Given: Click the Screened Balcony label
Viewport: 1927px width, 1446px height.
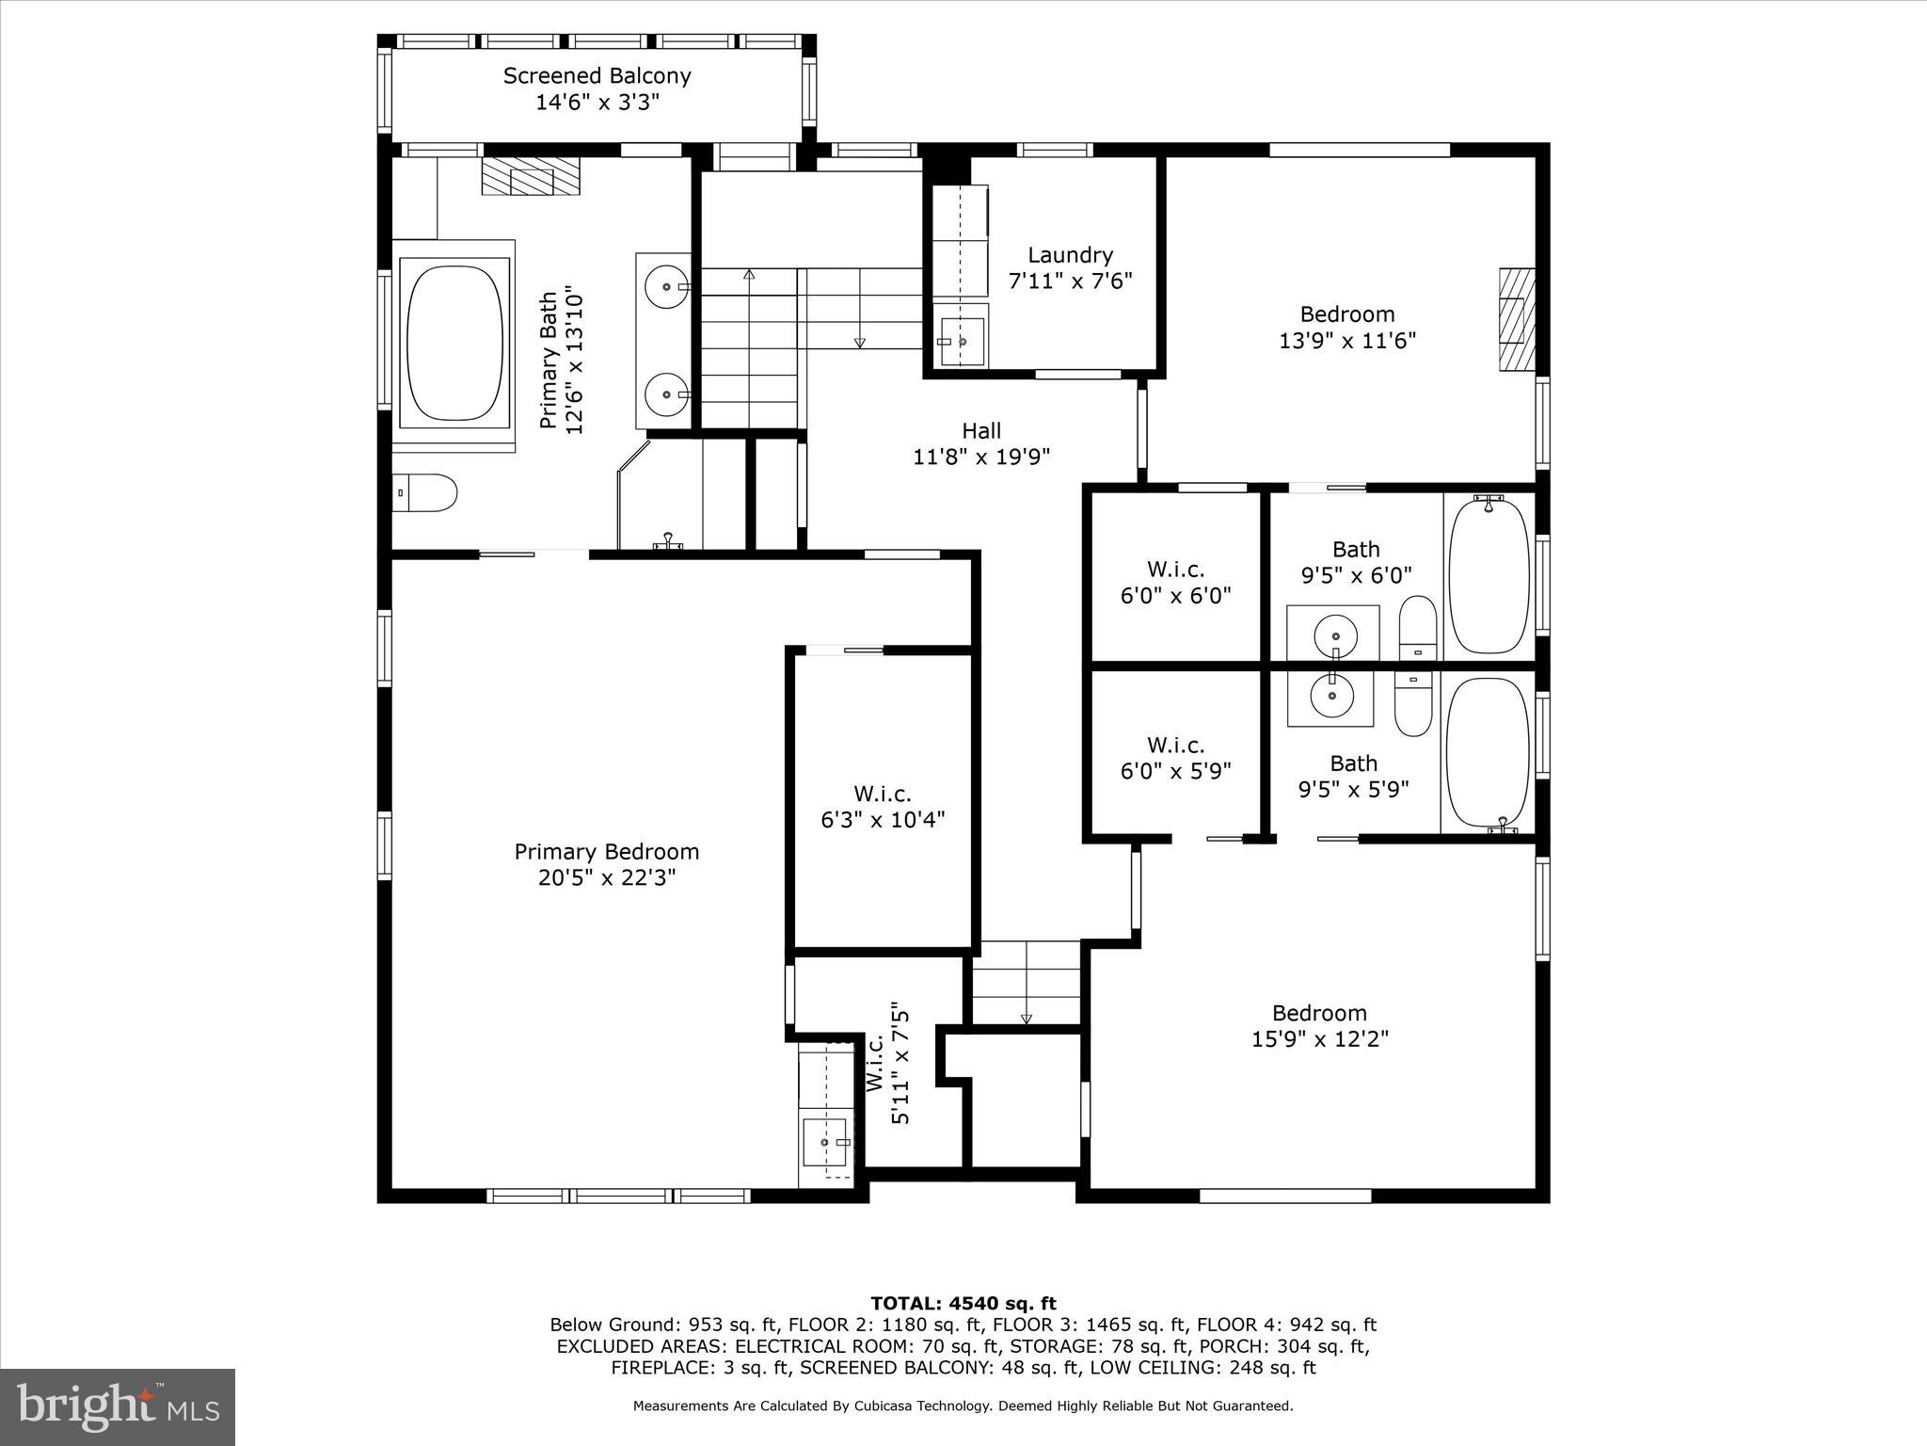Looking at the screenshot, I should (x=597, y=76).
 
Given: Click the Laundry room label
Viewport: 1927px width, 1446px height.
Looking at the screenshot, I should (x=1070, y=255).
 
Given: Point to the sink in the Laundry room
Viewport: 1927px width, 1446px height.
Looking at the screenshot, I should (x=962, y=342).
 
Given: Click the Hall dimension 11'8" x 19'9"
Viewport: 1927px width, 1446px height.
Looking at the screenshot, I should (x=980, y=458).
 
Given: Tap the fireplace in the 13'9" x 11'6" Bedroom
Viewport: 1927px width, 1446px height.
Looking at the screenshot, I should (x=1516, y=319).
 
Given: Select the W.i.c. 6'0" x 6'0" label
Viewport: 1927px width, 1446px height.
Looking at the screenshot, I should (x=1175, y=570).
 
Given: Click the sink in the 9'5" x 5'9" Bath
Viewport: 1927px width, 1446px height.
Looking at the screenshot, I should (x=1331, y=696).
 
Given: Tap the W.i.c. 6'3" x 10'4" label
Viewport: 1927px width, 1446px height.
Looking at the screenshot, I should (x=882, y=794).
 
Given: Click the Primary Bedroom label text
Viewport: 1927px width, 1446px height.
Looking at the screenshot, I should (x=606, y=852).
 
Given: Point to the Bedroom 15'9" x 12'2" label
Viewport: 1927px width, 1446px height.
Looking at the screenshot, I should (x=1318, y=1014).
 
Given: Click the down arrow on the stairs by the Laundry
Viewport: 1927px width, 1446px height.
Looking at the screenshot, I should (x=859, y=343).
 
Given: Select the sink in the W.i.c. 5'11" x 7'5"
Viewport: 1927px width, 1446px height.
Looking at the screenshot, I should (x=825, y=1142).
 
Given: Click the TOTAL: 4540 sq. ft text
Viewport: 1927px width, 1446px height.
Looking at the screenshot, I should (x=963, y=1304).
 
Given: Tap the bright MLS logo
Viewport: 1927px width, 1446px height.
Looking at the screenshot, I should (x=118, y=1406).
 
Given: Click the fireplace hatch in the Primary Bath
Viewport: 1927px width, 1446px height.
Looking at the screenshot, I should (x=532, y=176).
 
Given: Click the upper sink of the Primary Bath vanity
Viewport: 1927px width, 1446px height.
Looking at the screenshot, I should (x=667, y=286).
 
